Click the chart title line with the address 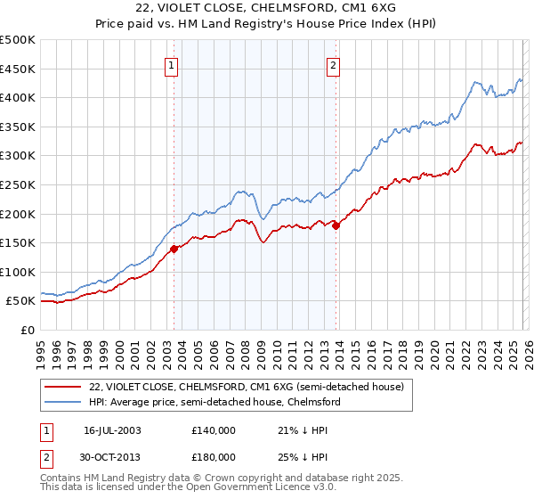(x=267, y=9)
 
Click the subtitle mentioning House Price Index (x=267, y=24)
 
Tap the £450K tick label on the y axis (x=18, y=69)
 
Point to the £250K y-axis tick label (x=18, y=184)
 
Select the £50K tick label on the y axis (x=21, y=301)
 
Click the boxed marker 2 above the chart (x=333, y=64)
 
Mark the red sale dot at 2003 (x=174, y=249)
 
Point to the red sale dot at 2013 (x=336, y=225)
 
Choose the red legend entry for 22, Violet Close (x=247, y=387)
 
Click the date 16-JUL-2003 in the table (x=112, y=430)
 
